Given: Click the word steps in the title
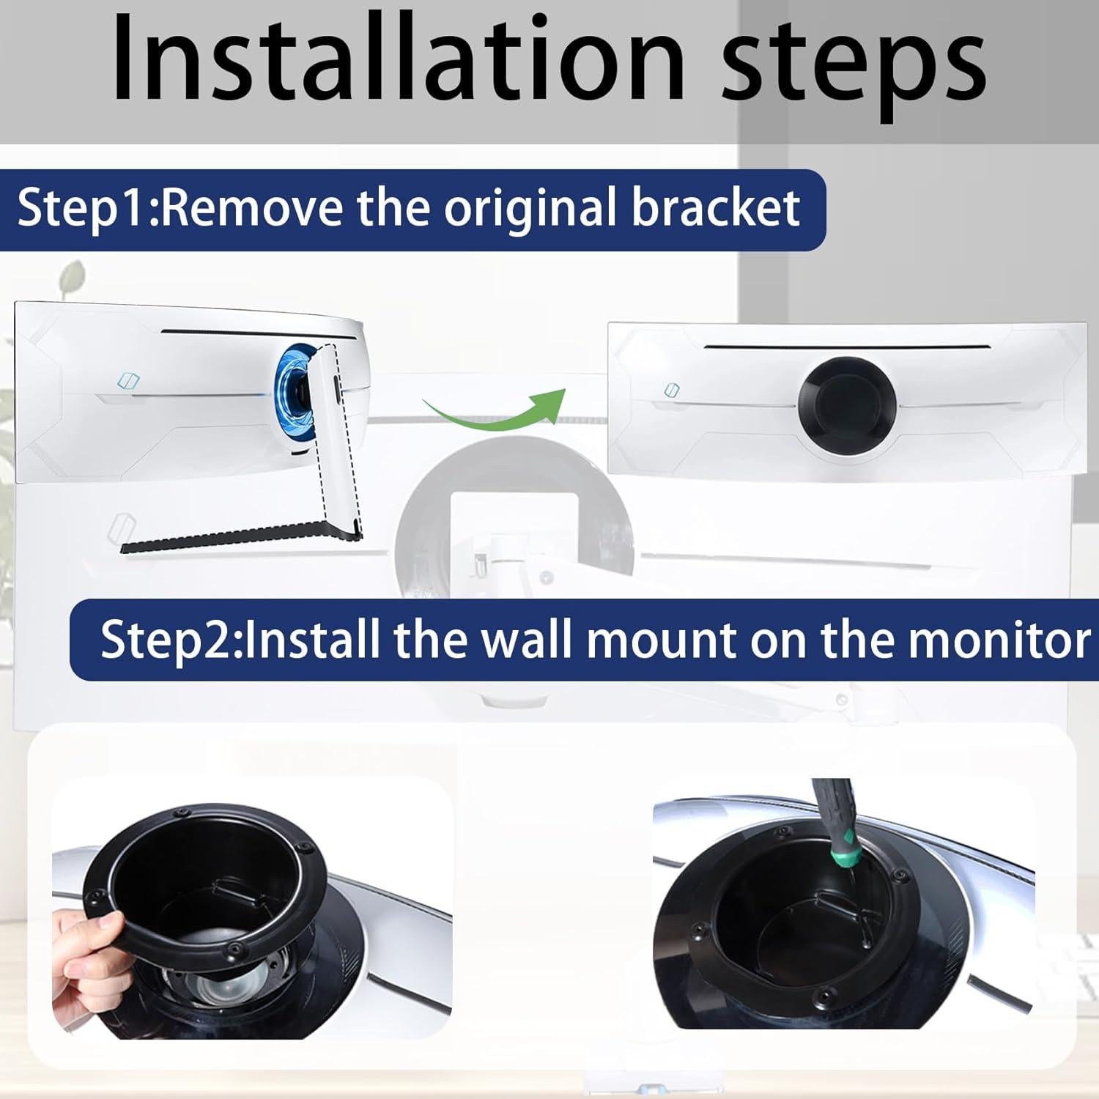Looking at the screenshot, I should click(x=854, y=62).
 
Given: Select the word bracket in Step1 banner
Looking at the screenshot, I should click(x=715, y=209).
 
